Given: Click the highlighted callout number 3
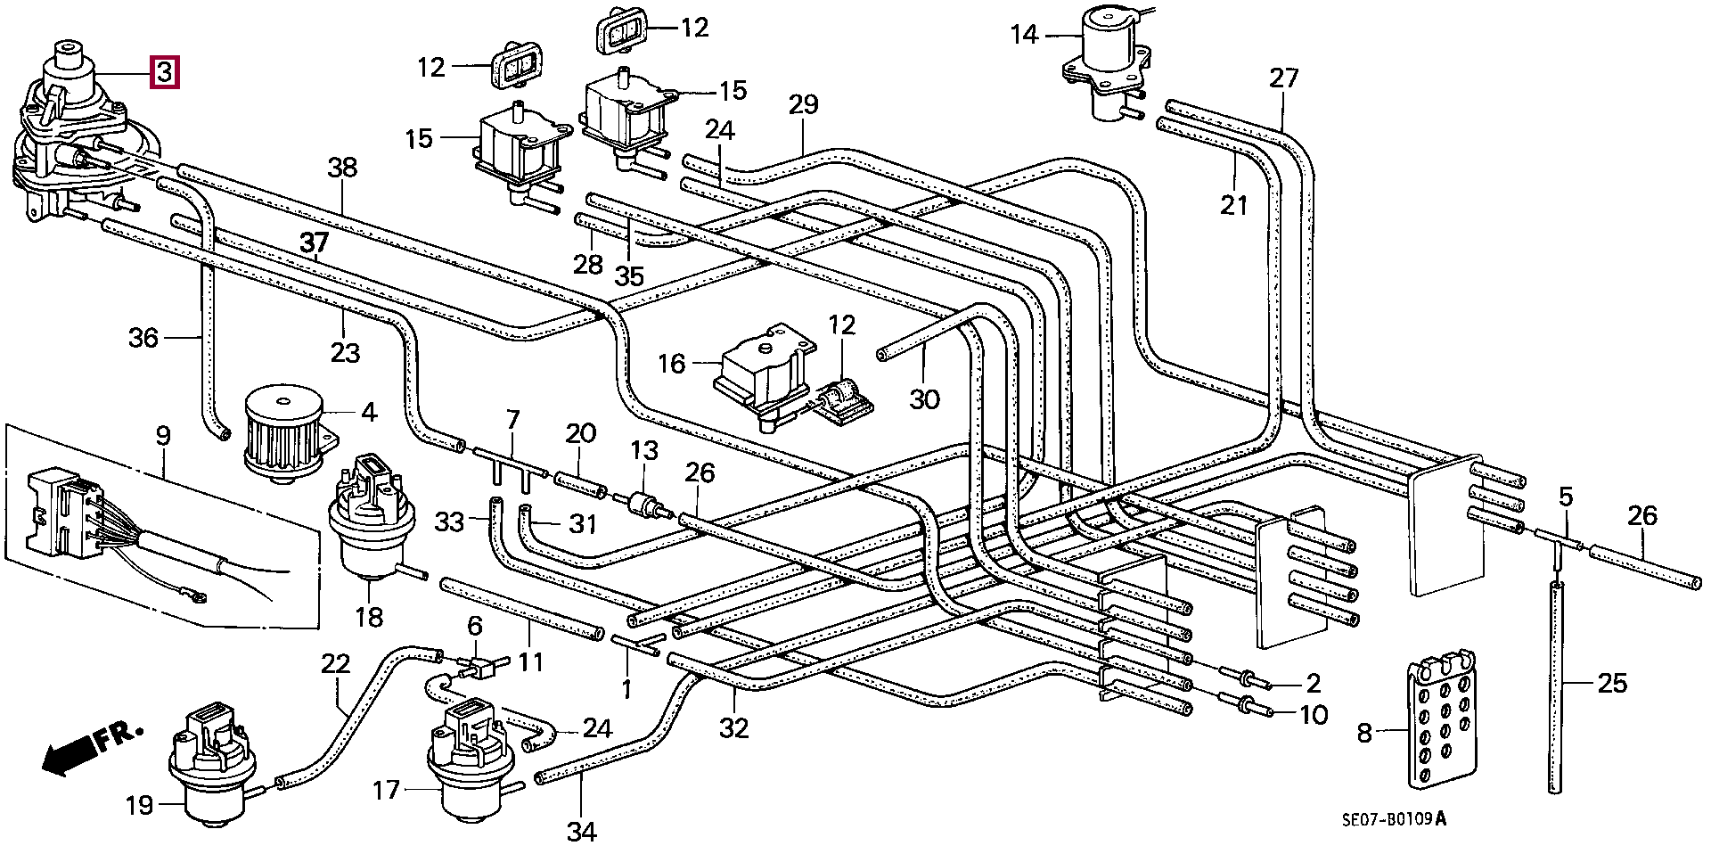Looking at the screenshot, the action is [165, 72].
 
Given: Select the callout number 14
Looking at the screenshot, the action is [1025, 35].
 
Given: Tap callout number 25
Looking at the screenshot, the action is [1611, 684].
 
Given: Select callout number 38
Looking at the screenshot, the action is [342, 168].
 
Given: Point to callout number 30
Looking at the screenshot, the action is [924, 398].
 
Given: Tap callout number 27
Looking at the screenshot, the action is [1284, 78].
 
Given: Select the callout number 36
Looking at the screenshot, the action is [143, 338].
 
